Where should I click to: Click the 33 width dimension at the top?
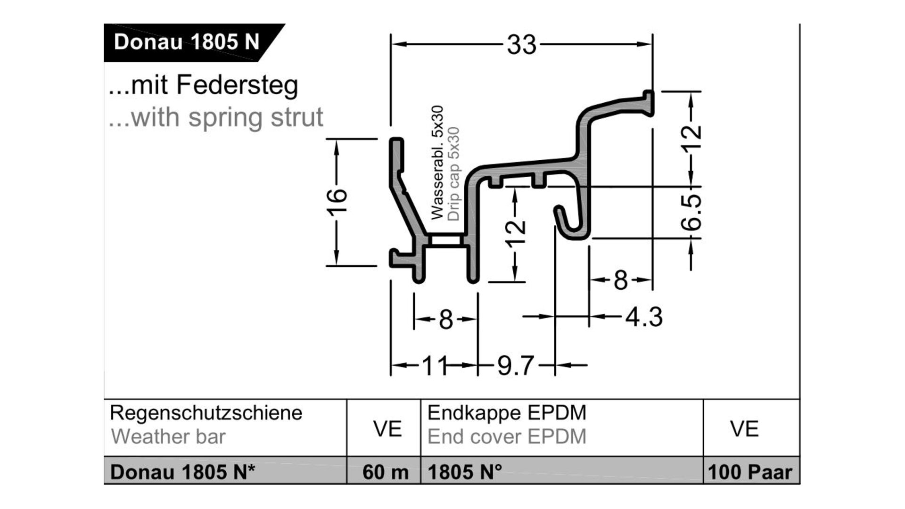click(x=522, y=45)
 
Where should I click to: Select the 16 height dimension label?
click(x=337, y=201)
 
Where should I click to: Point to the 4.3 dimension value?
click(x=644, y=317)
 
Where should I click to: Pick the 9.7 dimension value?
click(x=516, y=366)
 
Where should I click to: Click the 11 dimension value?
click(x=434, y=366)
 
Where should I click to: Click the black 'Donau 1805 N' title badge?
click(x=187, y=42)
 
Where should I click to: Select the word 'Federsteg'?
click(x=237, y=85)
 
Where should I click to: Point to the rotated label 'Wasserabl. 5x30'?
click(x=437, y=163)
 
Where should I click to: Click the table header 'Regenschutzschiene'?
click(x=206, y=413)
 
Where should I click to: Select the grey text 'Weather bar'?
click(x=168, y=437)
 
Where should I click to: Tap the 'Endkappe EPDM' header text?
click(x=507, y=413)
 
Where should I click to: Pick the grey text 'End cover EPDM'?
click(x=507, y=437)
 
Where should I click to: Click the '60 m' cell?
click(x=385, y=472)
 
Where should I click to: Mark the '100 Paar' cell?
click(x=750, y=472)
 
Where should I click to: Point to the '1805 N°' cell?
click(x=465, y=472)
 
